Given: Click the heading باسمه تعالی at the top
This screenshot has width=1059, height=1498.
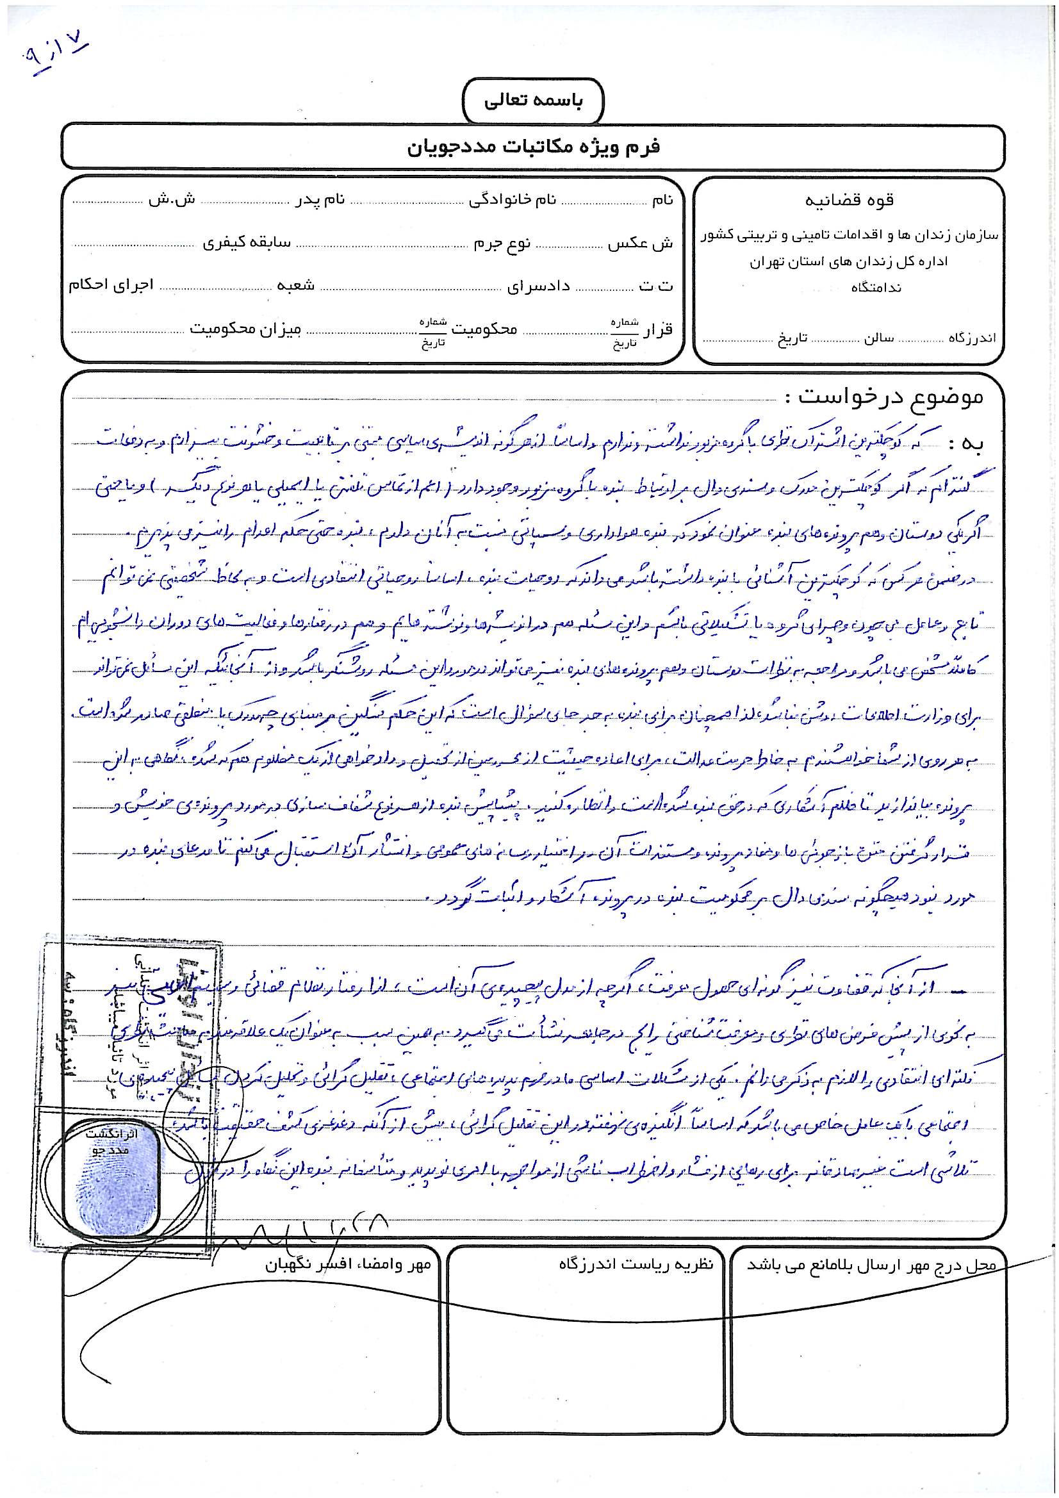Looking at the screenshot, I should pyautogui.click(x=532, y=103).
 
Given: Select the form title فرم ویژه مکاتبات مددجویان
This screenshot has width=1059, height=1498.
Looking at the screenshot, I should pyautogui.click(x=532, y=147).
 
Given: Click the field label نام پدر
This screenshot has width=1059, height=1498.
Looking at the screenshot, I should pyautogui.click(x=321, y=201).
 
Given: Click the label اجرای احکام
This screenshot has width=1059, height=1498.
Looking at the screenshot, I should pyautogui.click(x=111, y=286).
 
